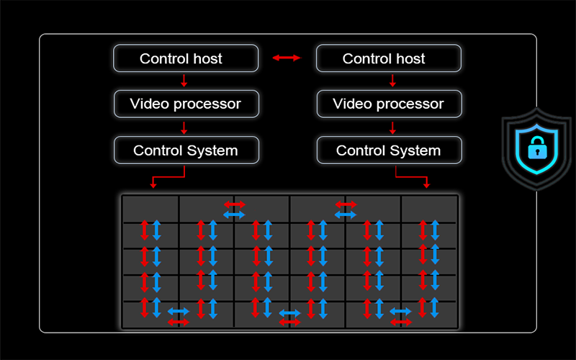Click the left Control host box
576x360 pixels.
pyautogui.click(x=186, y=58)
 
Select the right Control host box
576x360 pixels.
pyautogui.click(x=389, y=58)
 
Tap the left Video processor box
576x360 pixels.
pyautogui.click(x=186, y=104)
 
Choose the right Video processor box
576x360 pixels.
pyautogui.click(x=389, y=104)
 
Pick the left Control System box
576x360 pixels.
pyautogui.click(x=186, y=150)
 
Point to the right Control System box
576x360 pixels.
pyautogui.click(x=389, y=150)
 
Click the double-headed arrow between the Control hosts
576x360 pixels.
pyautogui.click(x=287, y=58)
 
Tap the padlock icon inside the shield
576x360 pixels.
pyautogui.click(x=536, y=148)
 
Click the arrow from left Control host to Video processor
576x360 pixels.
pyautogui.click(x=184, y=81)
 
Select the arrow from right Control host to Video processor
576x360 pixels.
pyautogui.click(x=392, y=81)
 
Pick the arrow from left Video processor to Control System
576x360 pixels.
pyautogui.click(x=184, y=127)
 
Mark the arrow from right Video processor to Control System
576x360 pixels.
pyautogui.click(x=392, y=127)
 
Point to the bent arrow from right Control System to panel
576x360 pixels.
pyautogui.click(x=412, y=176)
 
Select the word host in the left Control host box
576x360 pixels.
pyautogui.click(x=207, y=58)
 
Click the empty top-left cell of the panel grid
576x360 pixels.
pyautogui.click(x=150, y=209)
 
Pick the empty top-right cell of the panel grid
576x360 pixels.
pyautogui.click(x=429, y=207)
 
